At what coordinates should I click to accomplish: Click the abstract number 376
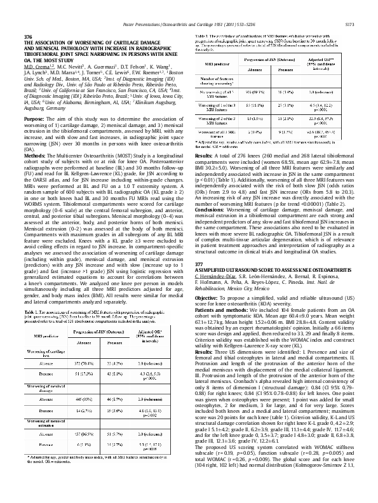(27, 38)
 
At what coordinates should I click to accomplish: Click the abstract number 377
(199, 246)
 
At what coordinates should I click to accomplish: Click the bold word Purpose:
(34, 119)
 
